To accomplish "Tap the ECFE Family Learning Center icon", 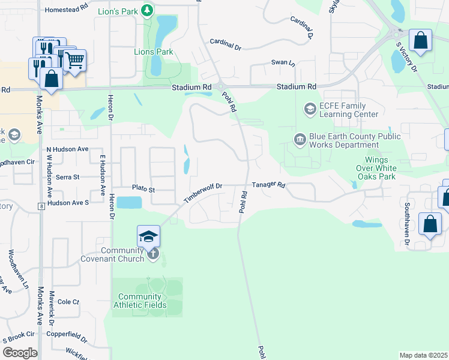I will click(x=310, y=109).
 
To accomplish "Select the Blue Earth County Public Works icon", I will click(x=300, y=140).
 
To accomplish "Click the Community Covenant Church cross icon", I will click(x=153, y=254).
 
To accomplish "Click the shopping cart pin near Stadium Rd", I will click(x=74, y=61).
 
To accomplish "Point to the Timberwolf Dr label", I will click(x=203, y=193).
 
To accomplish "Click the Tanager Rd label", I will click(x=268, y=185).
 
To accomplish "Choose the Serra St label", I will click(x=67, y=177).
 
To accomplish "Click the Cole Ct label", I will click(x=68, y=302).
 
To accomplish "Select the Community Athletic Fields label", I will click(x=140, y=301).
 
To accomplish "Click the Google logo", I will click(x=20, y=353).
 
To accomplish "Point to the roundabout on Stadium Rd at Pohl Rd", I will click(x=220, y=86).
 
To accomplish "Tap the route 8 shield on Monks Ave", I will click(x=40, y=206).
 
